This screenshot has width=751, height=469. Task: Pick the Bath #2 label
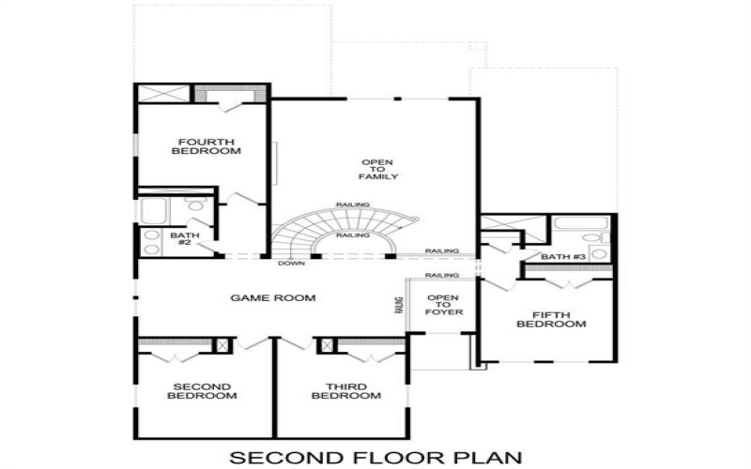click(x=181, y=238)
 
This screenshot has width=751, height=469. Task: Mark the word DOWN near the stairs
click(x=290, y=264)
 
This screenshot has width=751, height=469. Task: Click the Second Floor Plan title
click(x=375, y=457)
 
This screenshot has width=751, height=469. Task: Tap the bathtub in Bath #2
click(x=155, y=210)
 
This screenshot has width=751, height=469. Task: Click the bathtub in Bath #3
click(x=570, y=223)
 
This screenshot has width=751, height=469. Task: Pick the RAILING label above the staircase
click(x=352, y=204)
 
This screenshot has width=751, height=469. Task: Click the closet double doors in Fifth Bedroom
click(x=568, y=281)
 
